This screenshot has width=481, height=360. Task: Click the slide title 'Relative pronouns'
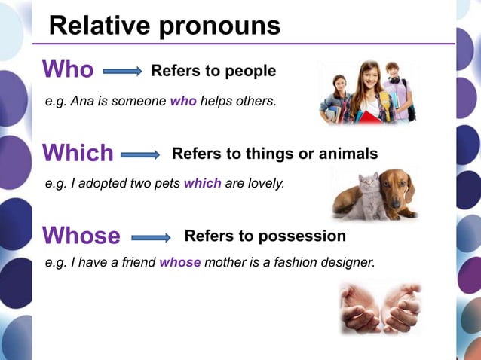point(164,26)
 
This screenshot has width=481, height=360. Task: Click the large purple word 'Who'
point(68,70)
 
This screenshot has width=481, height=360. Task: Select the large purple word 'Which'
point(78,154)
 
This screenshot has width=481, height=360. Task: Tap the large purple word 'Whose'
point(81,236)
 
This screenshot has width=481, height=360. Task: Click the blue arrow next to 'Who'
point(122,71)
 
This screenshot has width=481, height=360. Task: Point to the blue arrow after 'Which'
point(140,154)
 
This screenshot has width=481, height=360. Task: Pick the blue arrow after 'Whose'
point(152,237)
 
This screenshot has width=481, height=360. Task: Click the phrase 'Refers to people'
point(213,71)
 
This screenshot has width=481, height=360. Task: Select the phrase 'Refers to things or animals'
point(274,154)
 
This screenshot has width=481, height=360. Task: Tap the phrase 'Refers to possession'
point(265,236)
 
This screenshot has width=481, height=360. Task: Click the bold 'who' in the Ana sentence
point(183,101)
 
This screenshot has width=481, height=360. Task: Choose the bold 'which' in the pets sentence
point(202,182)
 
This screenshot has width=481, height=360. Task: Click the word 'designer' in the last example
point(350,263)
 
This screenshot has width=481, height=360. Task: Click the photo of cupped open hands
point(380,307)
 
